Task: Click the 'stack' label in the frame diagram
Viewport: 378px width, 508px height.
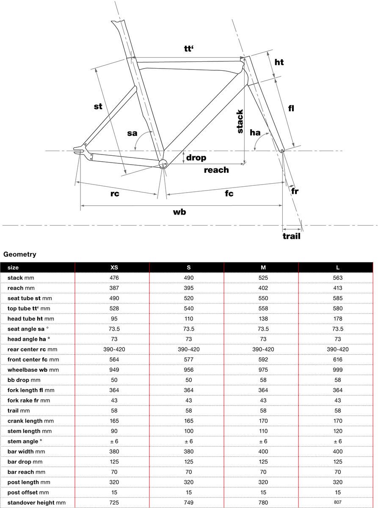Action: pyautogui.click(x=240, y=121)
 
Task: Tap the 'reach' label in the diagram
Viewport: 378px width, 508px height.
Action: pyautogui.click(x=216, y=170)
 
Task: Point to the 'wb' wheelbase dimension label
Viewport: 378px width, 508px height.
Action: pyautogui.click(x=179, y=212)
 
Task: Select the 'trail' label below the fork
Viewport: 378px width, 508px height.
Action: pyautogui.click(x=291, y=236)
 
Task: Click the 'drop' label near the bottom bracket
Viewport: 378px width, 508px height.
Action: pyautogui.click(x=196, y=157)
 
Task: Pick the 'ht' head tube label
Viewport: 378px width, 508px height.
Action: pyautogui.click(x=279, y=62)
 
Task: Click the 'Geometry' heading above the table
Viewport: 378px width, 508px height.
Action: pyautogui.click(x=20, y=254)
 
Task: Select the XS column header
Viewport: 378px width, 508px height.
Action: pyautogui.click(x=114, y=268)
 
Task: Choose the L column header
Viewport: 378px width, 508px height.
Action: pyautogui.click(x=337, y=268)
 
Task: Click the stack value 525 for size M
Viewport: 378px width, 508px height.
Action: pyautogui.click(x=263, y=278)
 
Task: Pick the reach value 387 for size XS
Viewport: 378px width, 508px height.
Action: pyautogui.click(x=114, y=288)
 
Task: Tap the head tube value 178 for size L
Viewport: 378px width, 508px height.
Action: pyautogui.click(x=337, y=319)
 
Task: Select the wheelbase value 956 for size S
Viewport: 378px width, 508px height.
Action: pyautogui.click(x=188, y=370)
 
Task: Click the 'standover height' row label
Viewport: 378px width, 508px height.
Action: pyautogui.click(x=36, y=502)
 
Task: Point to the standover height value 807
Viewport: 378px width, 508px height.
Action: pyautogui.click(x=337, y=502)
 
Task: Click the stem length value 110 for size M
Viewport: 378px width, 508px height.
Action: pyautogui.click(x=263, y=431)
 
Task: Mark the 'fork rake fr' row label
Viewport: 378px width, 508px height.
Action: pyautogui.click(x=28, y=400)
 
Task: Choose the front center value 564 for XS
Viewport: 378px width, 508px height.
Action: pyautogui.click(x=114, y=359)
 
